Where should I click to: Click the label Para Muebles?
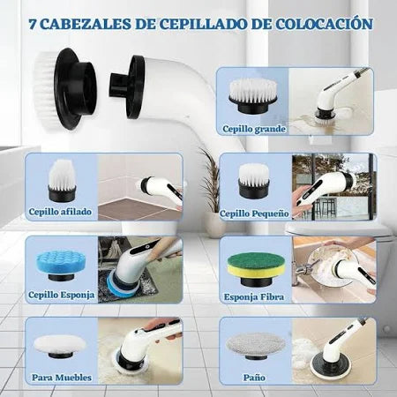[x=60, y=377]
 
